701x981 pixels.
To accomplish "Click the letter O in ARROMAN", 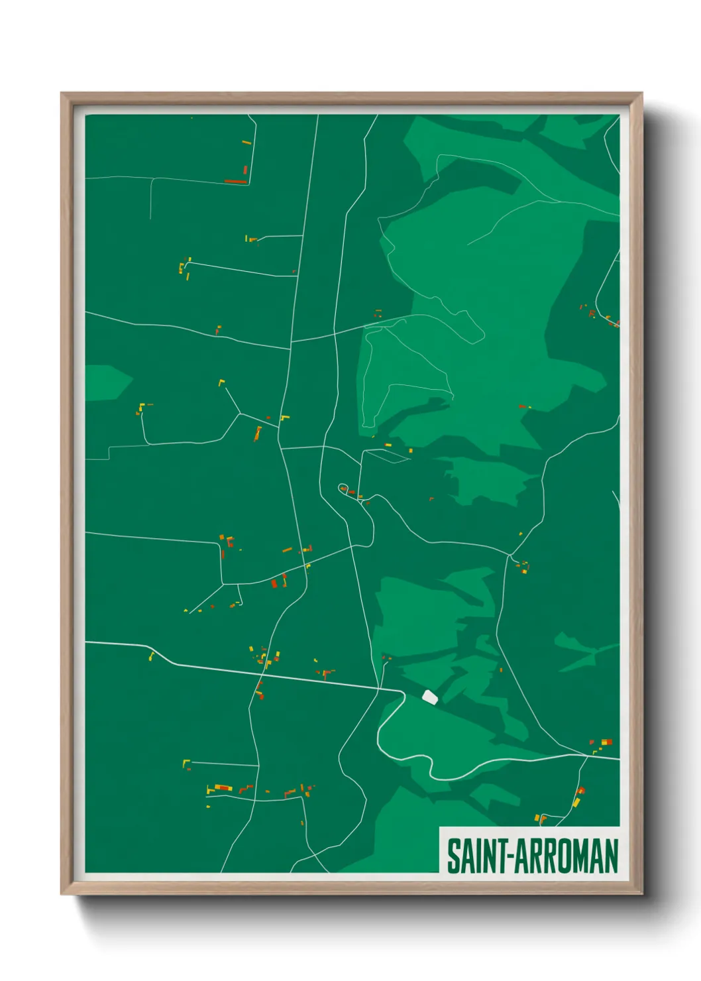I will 565,856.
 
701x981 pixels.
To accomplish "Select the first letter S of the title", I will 453,856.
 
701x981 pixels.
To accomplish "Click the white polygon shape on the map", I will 430,697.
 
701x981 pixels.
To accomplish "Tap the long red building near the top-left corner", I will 235,181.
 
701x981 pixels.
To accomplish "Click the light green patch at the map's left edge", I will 106,383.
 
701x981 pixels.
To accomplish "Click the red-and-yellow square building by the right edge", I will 606,742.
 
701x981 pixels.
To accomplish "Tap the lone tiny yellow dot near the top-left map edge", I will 191,118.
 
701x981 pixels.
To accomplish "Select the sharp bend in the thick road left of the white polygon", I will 403,693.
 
